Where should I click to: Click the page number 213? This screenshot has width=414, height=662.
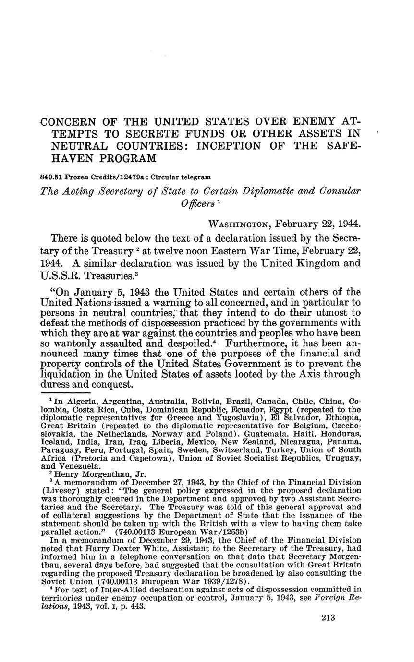tap(328, 618)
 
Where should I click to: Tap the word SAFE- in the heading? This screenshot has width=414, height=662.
tap(342, 145)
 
